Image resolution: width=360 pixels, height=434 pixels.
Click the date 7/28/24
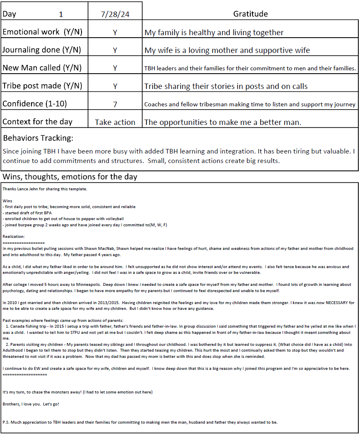click(115, 14)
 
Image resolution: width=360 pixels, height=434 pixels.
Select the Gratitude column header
click(250, 14)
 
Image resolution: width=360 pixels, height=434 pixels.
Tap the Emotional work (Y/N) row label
click(42, 32)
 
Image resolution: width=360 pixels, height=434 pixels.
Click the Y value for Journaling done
click(115, 50)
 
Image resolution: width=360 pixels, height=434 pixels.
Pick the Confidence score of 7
click(115, 104)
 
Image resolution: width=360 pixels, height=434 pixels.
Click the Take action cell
click(115, 122)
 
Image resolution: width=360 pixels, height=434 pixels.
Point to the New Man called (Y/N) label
click(42, 68)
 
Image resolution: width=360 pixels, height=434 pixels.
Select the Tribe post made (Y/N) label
click(42, 86)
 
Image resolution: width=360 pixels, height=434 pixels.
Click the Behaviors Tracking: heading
click(38, 138)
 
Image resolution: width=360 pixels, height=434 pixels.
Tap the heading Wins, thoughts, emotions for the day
click(70, 177)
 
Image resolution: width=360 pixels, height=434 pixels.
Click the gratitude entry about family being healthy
click(214, 32)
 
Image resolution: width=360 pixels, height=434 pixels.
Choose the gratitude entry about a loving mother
click(227, 50)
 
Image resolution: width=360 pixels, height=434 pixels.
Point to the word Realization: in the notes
click(14, 236)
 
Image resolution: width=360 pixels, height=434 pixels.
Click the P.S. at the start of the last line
click(6, 422)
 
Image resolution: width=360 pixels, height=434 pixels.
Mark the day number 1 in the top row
click(61, 14)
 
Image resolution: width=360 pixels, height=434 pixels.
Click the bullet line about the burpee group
click(84, 225)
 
